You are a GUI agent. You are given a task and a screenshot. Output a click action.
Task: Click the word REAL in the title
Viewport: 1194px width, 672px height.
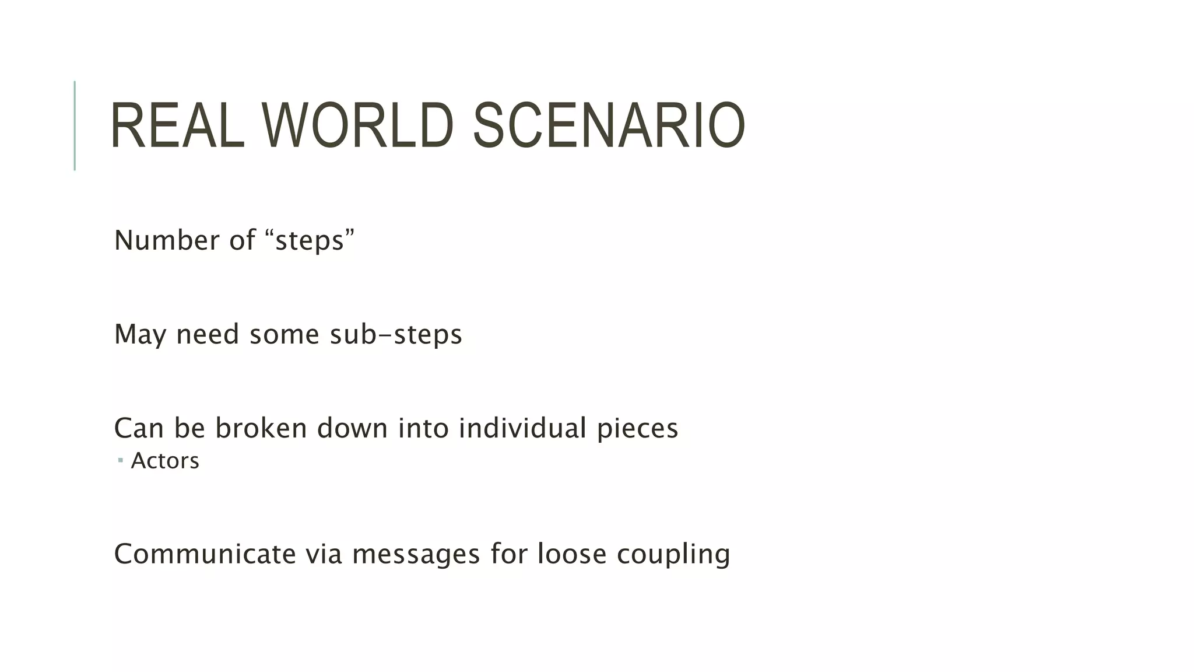177,126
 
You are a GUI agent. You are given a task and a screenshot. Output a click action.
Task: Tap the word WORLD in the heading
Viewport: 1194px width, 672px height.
357,126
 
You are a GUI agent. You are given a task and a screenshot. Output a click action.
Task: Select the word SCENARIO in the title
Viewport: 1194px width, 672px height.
609,126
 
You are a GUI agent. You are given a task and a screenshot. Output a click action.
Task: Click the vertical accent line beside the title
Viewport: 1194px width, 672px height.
75,125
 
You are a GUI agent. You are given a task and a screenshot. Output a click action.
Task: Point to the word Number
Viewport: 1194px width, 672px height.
161,240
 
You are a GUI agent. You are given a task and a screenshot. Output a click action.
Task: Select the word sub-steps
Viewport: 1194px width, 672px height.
396,335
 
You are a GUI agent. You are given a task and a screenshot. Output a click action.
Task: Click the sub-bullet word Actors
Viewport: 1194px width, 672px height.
165,461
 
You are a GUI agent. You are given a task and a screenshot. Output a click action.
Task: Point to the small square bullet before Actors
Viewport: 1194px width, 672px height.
120,461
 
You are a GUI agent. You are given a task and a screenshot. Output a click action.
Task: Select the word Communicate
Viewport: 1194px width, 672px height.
205,554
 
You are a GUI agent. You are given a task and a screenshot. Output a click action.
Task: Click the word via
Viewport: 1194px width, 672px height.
324,554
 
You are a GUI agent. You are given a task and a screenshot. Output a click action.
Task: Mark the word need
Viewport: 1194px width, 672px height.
208,335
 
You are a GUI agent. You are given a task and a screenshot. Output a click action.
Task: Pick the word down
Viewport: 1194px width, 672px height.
352,428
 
